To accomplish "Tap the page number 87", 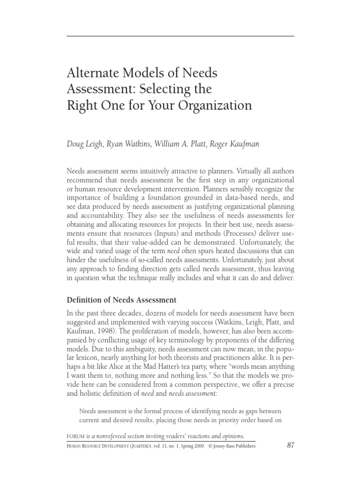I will [x=290, y=445].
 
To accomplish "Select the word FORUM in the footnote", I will [x=77, y=436].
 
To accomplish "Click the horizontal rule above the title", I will [x=180, y=37].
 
